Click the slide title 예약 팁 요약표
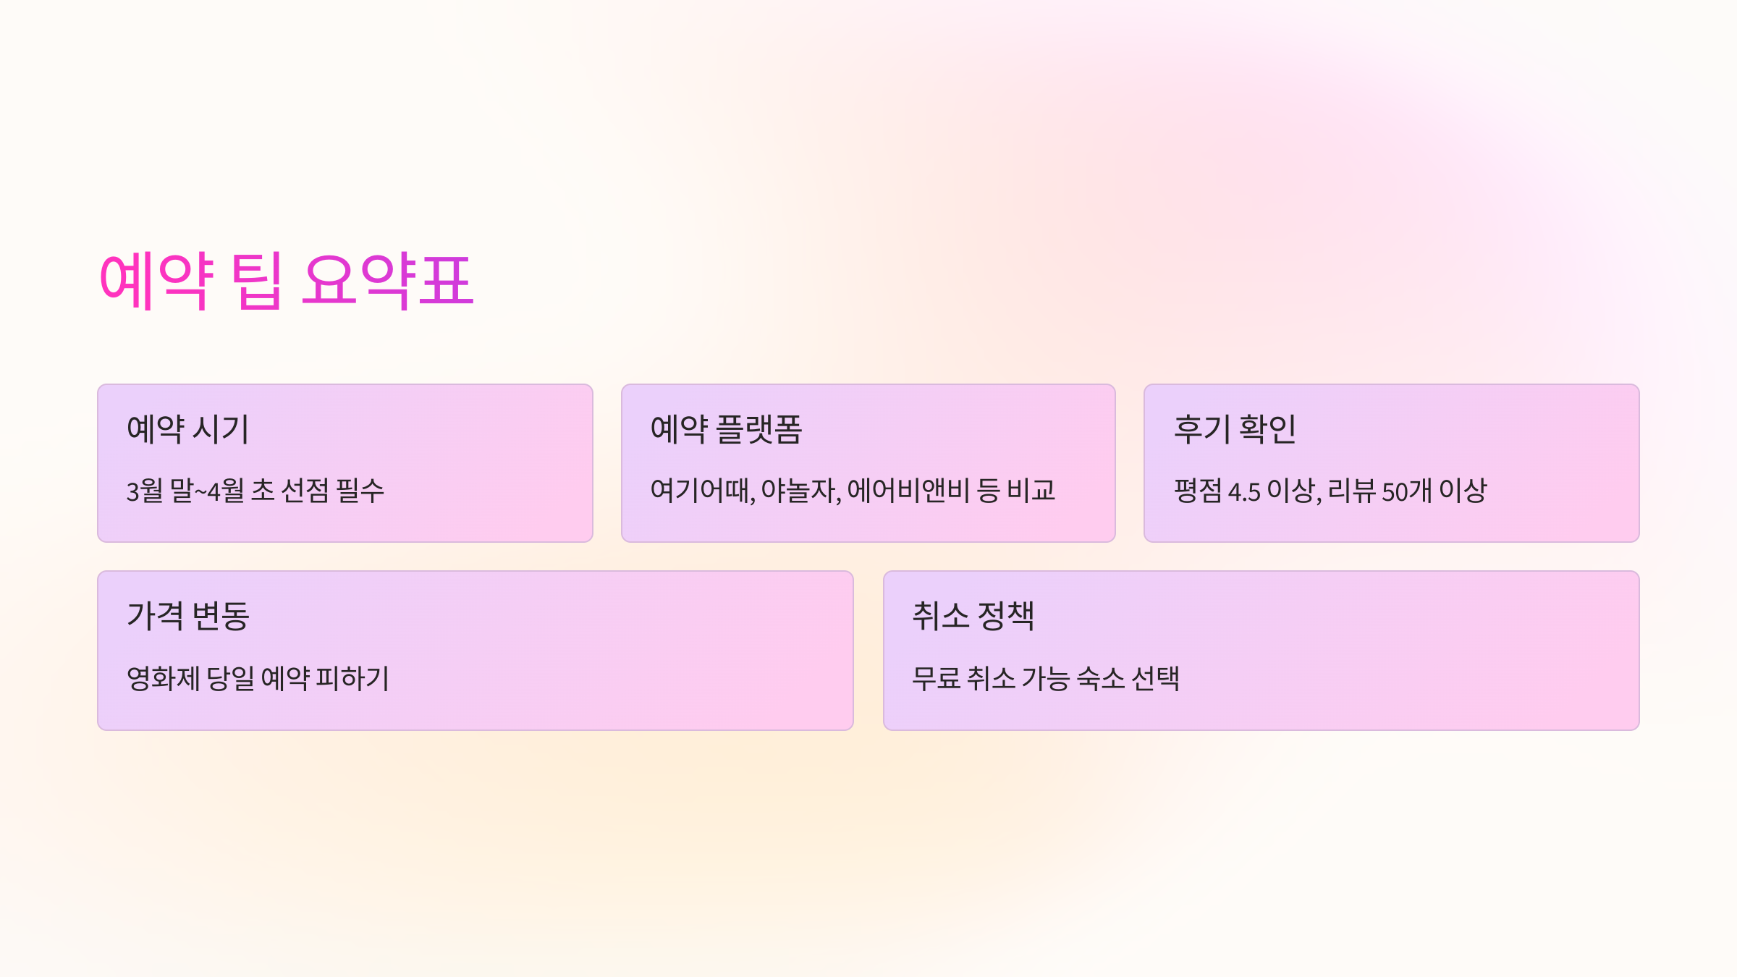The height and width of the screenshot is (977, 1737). pyautogui.click(x=286, y=281)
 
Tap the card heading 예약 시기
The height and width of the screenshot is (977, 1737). pyautogui.click(x=187, y=429)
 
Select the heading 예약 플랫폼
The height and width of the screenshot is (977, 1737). pyautogui.click(x=726, y=429)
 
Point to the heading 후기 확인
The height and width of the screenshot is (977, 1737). pyautogui.click(x=1235, y=429)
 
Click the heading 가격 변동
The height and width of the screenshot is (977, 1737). pyautogui.click(x=187, y=616)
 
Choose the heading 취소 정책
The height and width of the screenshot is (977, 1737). pyautogui.click(x=973, y=616)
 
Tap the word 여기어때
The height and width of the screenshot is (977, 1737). pyautogui.click(x=701, y=491)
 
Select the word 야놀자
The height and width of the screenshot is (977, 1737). pyautogui.click(x=800, y=491)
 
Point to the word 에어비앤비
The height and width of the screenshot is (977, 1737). pyautogui.click(x=908, y=491)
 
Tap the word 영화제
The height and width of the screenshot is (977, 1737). pyautogui.click(x=163, y=679)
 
